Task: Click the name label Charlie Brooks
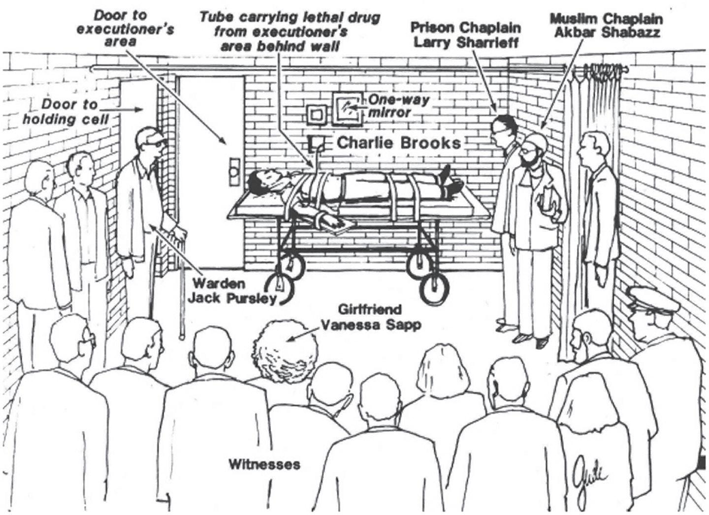[x=398, y=143]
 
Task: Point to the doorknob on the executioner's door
[x=233, y=172]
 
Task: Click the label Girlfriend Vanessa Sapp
[x=370, y=318]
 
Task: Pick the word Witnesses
[x=264, y=464]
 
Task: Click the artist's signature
[x=589, y=473]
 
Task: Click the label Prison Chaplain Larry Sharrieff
[x=466, y=34]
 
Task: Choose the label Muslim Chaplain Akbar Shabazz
[x=606, y=26]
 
